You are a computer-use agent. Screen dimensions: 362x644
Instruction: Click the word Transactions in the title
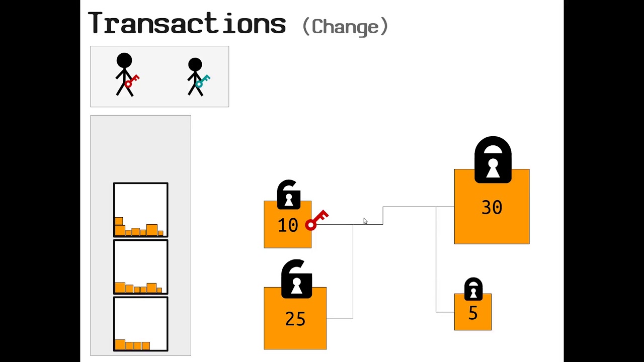187,24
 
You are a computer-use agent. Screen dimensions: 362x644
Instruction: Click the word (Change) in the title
345,26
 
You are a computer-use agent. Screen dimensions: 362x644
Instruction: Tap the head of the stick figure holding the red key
124,61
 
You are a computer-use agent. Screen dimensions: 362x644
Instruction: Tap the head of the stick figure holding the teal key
195,64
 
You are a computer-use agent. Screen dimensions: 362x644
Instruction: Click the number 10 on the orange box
288,225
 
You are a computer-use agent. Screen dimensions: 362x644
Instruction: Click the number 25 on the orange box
295,319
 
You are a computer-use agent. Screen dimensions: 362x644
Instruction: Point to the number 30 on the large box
492,208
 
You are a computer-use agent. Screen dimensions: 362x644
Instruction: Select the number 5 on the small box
473,313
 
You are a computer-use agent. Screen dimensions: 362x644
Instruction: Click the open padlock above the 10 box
289,195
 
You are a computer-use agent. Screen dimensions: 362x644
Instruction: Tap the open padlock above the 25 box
296,279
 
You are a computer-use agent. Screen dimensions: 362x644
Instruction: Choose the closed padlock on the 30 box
493,160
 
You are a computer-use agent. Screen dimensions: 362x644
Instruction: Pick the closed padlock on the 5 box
473,289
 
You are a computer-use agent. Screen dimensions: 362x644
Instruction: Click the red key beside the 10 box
316,220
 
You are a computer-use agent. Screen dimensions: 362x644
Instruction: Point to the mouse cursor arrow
365,221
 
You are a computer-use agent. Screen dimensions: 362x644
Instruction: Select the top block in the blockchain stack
141,210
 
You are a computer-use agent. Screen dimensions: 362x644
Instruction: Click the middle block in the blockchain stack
141,267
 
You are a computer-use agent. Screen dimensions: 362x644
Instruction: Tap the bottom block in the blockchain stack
141,324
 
